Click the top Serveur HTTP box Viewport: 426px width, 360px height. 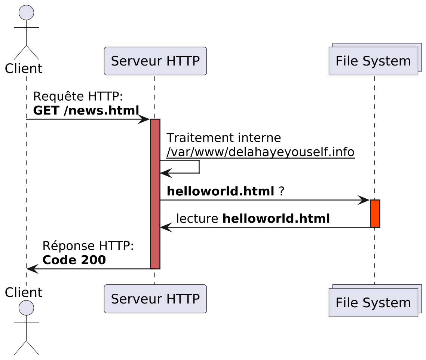click(155, 61)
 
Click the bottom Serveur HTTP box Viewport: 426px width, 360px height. click(155, 299)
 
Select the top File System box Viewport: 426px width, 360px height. click(373, 61)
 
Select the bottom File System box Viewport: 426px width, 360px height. click(373, 303)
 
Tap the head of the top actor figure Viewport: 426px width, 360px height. click(26, 12)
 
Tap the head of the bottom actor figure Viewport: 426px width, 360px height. click(26, 307)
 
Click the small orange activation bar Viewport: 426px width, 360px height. click(375, 213)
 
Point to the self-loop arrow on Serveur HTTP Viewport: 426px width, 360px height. click(199, 167)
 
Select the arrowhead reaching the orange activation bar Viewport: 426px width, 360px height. click(364, 200)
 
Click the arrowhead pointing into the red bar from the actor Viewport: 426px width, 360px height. click(144, 119)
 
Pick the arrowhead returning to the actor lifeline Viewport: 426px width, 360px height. click(32, 269)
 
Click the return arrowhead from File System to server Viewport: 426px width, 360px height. click(166, 227)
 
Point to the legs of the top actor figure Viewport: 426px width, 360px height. click(26, 52)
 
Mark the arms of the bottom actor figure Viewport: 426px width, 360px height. click(26, 322)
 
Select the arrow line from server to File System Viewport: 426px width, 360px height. click(262, 200)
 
